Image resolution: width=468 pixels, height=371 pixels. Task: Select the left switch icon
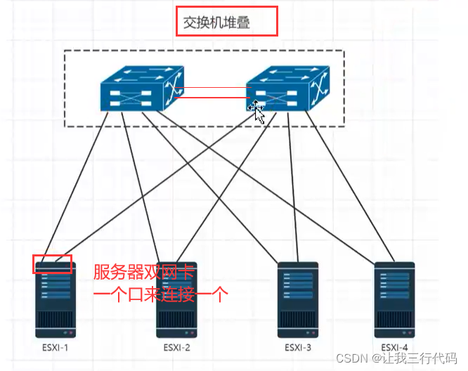(137, 89)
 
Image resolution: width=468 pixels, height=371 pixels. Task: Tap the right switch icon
(287, 89)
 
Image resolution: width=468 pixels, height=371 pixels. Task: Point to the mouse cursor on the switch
(258, 111)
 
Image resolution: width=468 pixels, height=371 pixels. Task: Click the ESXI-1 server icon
(56, 299)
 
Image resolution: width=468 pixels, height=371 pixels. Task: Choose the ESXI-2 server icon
(176, 299)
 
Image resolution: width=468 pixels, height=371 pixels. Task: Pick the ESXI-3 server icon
(297, 299)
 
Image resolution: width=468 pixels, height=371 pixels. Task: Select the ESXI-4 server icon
(394, 299)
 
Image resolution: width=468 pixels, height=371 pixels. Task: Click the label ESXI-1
(55, 348)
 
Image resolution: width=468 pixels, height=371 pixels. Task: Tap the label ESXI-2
(176, 348)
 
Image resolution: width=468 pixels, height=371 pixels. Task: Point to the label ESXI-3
(297, 348)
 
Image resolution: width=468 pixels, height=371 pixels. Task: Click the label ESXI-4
(394, 348)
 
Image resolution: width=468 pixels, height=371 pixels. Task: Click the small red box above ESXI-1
(53, 264)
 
